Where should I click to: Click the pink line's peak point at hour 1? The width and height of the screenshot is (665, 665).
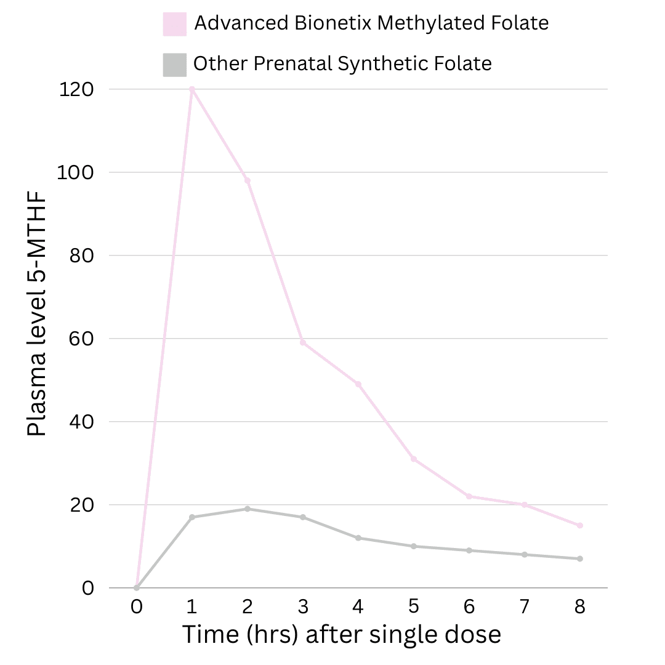point(192,89)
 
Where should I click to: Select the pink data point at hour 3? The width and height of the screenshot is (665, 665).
point(303,342)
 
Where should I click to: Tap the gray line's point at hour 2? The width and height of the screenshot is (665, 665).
point(248,509)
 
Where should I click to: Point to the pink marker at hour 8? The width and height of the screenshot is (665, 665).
point(580,525)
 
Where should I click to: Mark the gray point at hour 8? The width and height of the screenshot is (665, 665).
point(580,558)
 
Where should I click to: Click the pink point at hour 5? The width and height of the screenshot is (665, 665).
point(414,459)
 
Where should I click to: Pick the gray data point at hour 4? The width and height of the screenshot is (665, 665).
point(358,538)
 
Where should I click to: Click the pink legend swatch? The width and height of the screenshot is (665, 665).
point(175,24)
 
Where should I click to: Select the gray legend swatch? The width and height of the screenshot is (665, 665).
point(175,65)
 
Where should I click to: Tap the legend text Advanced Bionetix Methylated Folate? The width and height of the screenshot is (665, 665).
point(371,23)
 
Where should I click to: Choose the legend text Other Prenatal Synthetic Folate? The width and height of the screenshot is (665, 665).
point(342,63)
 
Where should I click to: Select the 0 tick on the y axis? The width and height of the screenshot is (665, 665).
point(87,588)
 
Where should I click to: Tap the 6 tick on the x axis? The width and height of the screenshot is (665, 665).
point(469,607)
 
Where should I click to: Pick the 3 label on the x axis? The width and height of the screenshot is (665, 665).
point(303,607)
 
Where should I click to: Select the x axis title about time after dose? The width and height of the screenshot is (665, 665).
point(341,635)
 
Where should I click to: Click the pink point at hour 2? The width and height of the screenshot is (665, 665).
point(248,180)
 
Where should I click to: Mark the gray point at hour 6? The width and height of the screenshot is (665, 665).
point(469,550)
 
